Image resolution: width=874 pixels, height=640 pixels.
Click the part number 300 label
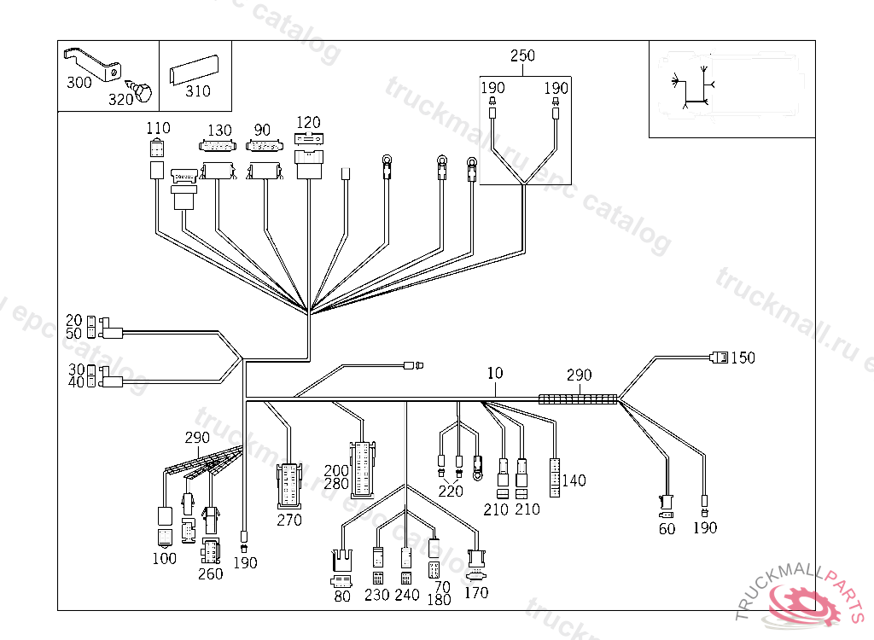[x=79, y=83]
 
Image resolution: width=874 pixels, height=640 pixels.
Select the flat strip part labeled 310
[x=194, y=70]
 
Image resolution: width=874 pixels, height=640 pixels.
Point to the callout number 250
[x=522, y=55]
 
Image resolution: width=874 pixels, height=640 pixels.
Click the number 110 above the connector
[x=158, y=128]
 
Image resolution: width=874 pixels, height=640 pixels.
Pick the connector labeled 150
[x=719, y=358]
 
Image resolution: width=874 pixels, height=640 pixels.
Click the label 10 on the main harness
[x=495, y=373]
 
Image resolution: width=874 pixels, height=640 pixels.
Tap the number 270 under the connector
[x=289, y=520]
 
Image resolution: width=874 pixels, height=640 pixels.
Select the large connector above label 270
[x=289, y=485]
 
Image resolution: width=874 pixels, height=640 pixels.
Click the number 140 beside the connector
[x=574, y=480]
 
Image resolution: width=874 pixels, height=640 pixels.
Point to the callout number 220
[x=451, y=491]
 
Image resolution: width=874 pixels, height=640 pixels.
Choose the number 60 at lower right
[x=667, y=528]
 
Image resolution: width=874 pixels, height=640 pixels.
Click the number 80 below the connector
[x=342, y=596]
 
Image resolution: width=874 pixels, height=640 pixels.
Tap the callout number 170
[x=476, y=592]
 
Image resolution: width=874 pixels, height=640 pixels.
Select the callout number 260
[x=210, y=573]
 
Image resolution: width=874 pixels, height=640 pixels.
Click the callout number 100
[x=165, y=558]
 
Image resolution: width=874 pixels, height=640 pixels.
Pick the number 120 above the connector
[x=308, y=122]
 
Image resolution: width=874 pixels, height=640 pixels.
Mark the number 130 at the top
[x=219, y=130]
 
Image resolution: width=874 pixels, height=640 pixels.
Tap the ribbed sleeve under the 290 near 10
[x=578, y=399]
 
